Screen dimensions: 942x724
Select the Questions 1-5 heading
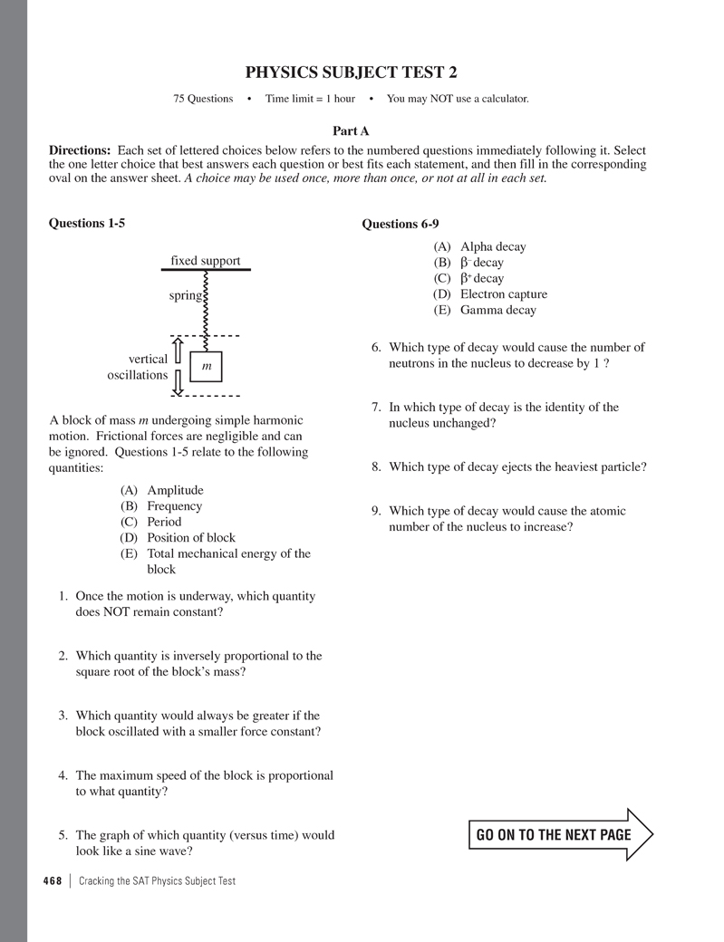[x=87, y=223]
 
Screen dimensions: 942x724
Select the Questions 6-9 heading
[x=401, y=224]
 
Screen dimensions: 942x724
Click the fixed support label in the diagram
[x=206, y=261]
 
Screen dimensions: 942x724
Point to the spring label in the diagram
[x=186, y=296]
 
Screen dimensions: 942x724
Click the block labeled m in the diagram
[x=206, y=366]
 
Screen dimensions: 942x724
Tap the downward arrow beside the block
[x=179, y=383]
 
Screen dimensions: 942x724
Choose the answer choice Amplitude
[x=175, y=490]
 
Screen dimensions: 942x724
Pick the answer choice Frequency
[x=174, y=506]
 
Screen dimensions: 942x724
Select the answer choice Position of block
[x=190, y=537]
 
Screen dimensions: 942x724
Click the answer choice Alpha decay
[x=492, y=246]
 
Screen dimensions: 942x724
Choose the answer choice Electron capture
[x=503, y=294]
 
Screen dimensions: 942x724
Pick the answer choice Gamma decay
[x=497, y=310]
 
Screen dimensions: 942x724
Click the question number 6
[x=376, y=348]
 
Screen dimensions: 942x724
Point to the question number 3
[x=63, y=716]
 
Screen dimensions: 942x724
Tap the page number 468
[x=51, y=880]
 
